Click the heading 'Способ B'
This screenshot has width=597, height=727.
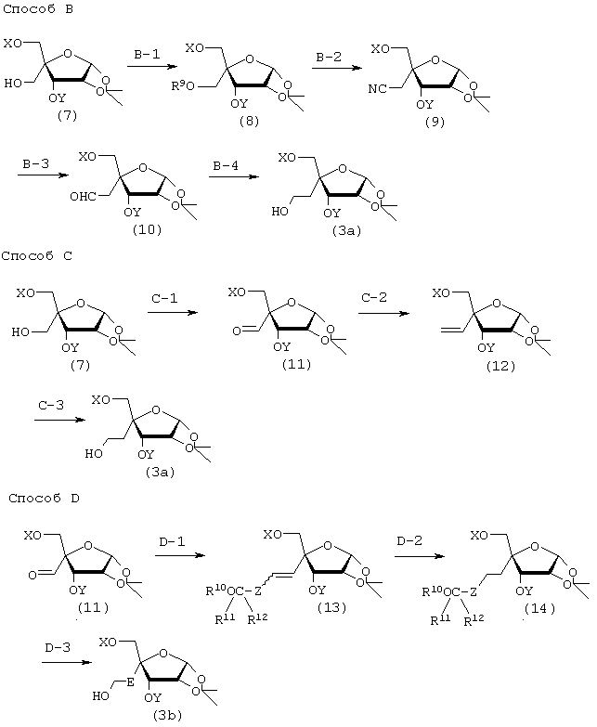pos(38,9)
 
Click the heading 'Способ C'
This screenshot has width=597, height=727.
pos(37,256)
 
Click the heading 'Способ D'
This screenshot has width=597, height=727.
pos(44,499)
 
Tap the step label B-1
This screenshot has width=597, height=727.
pos(147,55)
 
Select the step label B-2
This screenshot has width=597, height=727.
pos(329,57)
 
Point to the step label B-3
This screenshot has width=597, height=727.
pos(35,164)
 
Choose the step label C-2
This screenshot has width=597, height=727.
pos(374,298)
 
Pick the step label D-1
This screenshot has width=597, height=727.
pos(172,541)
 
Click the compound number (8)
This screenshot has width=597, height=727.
pos(249,122)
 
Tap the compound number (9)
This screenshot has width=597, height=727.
pos(435,122)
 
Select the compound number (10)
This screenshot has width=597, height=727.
pos(147,229)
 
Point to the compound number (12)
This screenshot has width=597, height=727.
pos(500,366)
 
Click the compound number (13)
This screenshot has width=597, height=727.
pos(331,607)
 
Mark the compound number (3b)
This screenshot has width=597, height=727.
pos(167,716)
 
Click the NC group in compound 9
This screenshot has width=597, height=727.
pos(377,88)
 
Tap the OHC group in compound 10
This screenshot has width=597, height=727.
pos(83,197)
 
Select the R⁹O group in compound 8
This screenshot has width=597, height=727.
pos(184,85)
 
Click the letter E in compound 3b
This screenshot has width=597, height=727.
pos(130,682)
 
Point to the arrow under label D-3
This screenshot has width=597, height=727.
pos(67,662)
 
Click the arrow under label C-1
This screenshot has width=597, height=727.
pos(173,313)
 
